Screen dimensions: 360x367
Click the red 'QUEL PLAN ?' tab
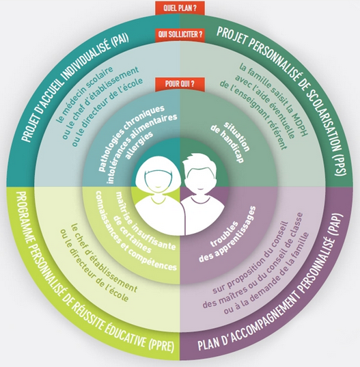click(x=180, y=8)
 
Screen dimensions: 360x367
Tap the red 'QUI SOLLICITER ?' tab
click(x=180, y=35)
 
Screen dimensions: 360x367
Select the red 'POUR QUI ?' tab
click(x=180, y=84)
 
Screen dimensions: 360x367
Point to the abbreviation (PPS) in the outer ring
click(x=340, y=165)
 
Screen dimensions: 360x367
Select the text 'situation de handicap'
click(x=230, y=141)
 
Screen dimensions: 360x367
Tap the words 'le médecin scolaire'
click(x=85, y=94)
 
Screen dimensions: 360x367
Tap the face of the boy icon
click(x=201, y=178)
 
